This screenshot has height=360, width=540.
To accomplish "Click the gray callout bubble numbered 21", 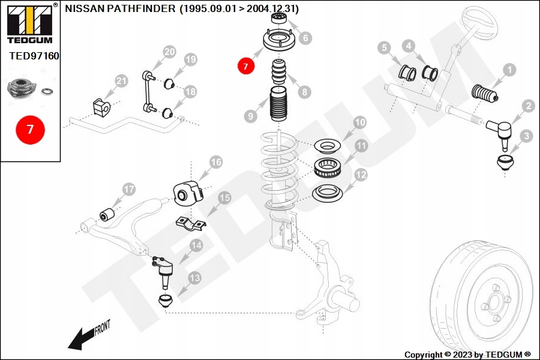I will coord(121,81).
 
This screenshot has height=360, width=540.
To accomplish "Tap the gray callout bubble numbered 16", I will coord(216,162).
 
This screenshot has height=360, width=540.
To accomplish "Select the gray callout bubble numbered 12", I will coord(361,175).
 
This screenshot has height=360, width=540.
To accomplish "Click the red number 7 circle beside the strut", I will coord(245,66).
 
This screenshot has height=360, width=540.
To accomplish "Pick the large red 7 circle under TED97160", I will coord(30,128).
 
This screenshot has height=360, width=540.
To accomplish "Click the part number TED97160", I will coord(34,56).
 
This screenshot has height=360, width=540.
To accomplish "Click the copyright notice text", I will coord(467,355).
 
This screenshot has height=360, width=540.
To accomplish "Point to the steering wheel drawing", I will coord(476,24).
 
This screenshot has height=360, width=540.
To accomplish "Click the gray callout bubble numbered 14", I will coord(196,245).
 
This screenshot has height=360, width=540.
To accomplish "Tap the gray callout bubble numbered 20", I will coord(169,52).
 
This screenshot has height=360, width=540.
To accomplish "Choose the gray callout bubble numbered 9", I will coord(250,115).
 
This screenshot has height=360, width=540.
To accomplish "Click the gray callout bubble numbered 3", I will coord(526,136).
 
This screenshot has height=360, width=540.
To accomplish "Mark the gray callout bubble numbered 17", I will coord(129,190).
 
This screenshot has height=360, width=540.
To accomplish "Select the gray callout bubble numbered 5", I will coord(385,47).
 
